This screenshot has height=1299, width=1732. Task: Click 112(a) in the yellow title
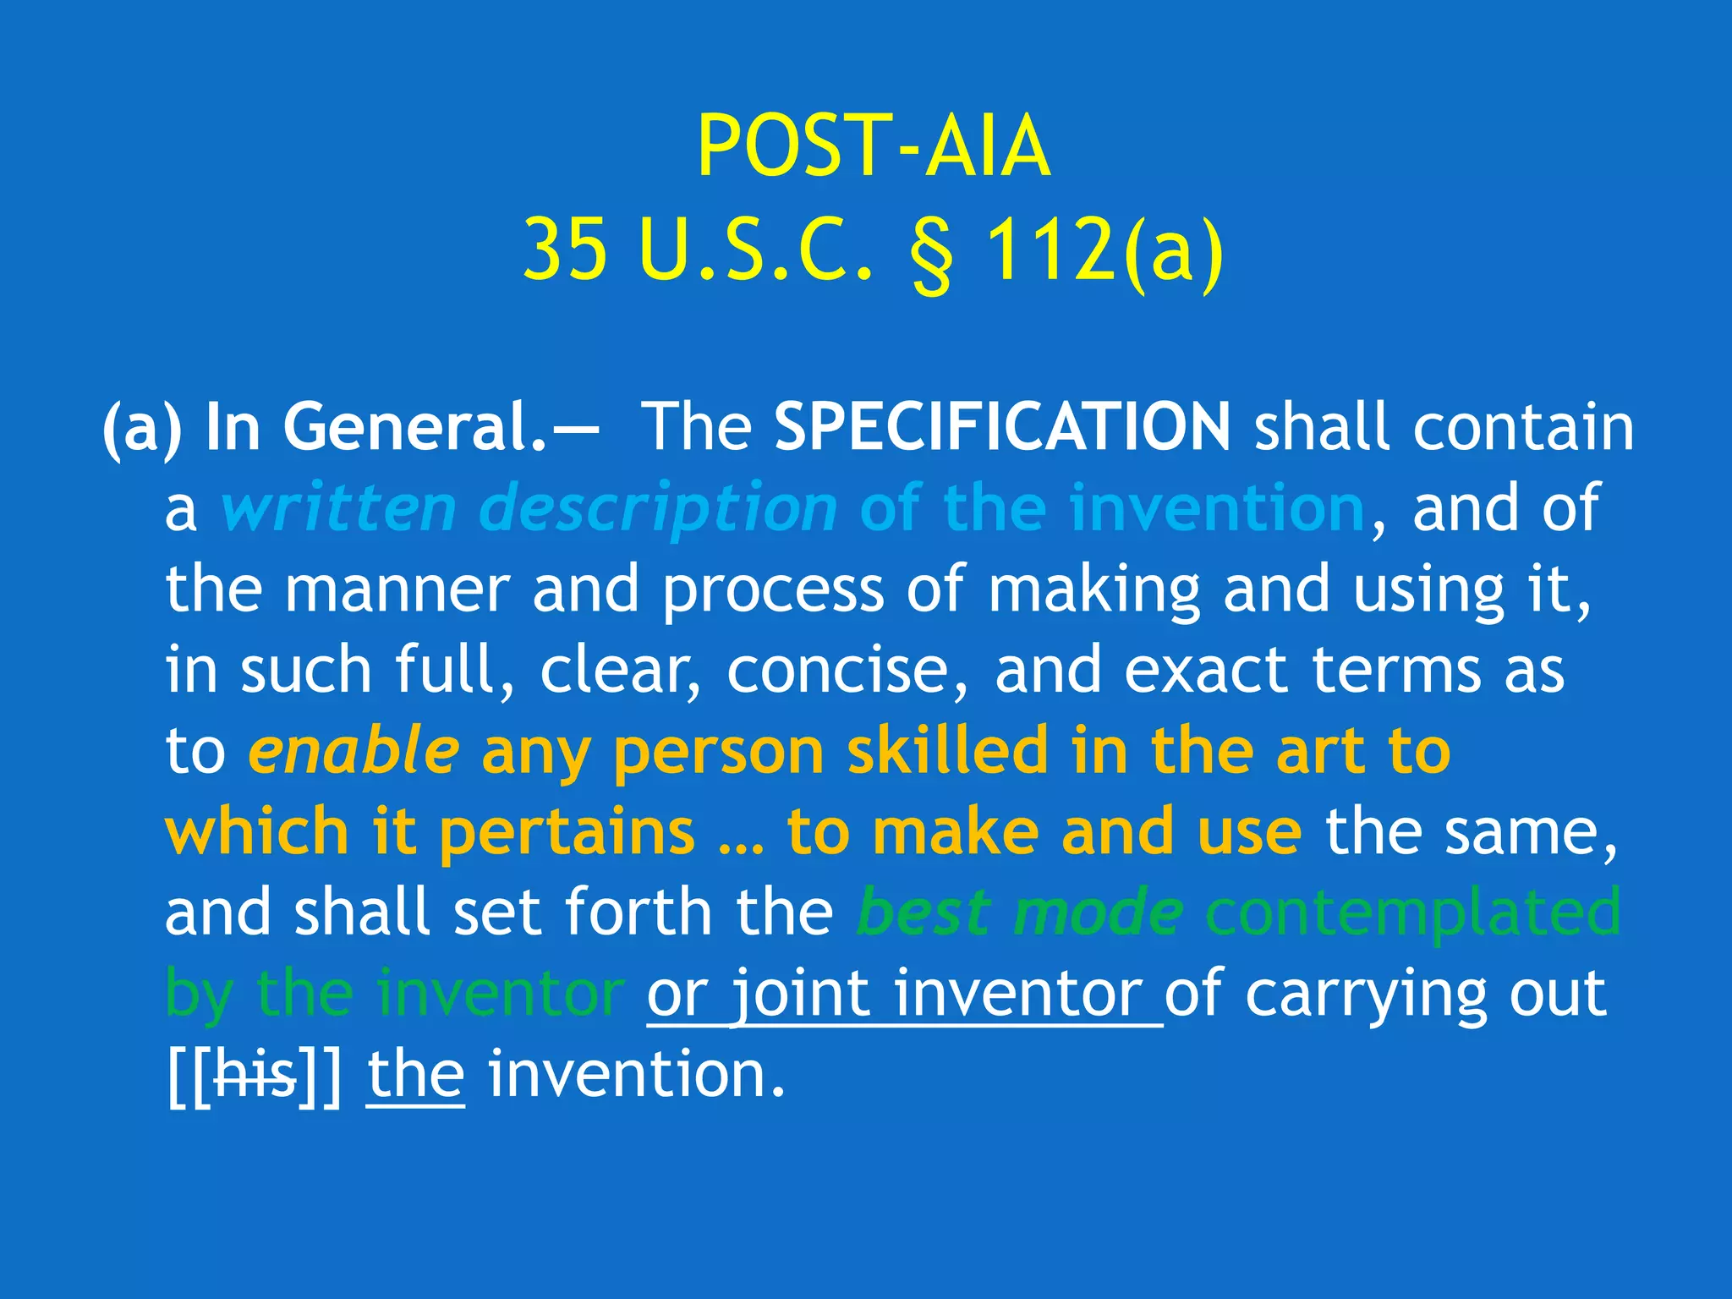tap(1104, 249)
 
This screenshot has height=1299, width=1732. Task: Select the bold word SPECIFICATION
tap(1002, 426)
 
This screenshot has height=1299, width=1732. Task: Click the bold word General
tap(415, 426)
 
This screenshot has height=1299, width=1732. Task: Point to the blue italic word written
tap(338, 507)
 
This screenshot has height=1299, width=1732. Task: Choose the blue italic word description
tap(658, 507)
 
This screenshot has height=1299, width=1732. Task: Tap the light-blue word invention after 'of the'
tap(1217, 507)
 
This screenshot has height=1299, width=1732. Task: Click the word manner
tap(397, 589)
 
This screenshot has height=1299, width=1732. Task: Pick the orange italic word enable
tap(354, 751)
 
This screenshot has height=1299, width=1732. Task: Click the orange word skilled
tap(948, 751)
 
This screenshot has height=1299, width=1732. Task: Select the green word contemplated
tap(1412, 913)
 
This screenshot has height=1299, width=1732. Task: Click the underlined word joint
tap(800, 994)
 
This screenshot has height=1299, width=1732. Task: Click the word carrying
tap(1365, 995)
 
